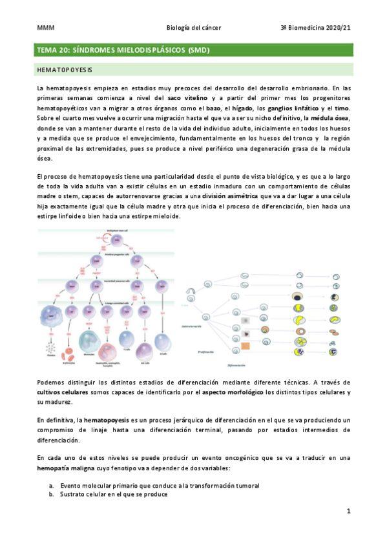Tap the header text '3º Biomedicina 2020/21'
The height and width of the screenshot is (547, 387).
tap(315, 28)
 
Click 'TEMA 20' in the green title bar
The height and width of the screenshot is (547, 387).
tap(54, 50)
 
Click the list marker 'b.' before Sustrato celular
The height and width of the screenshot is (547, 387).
tap(52, 494)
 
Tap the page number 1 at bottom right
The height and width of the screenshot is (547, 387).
tap(348, 512)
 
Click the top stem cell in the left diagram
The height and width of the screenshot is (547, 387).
tap(116, 241)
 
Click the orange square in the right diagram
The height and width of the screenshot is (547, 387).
tap(246, 348)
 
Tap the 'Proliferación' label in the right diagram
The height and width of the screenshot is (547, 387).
tap(204, 352)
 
